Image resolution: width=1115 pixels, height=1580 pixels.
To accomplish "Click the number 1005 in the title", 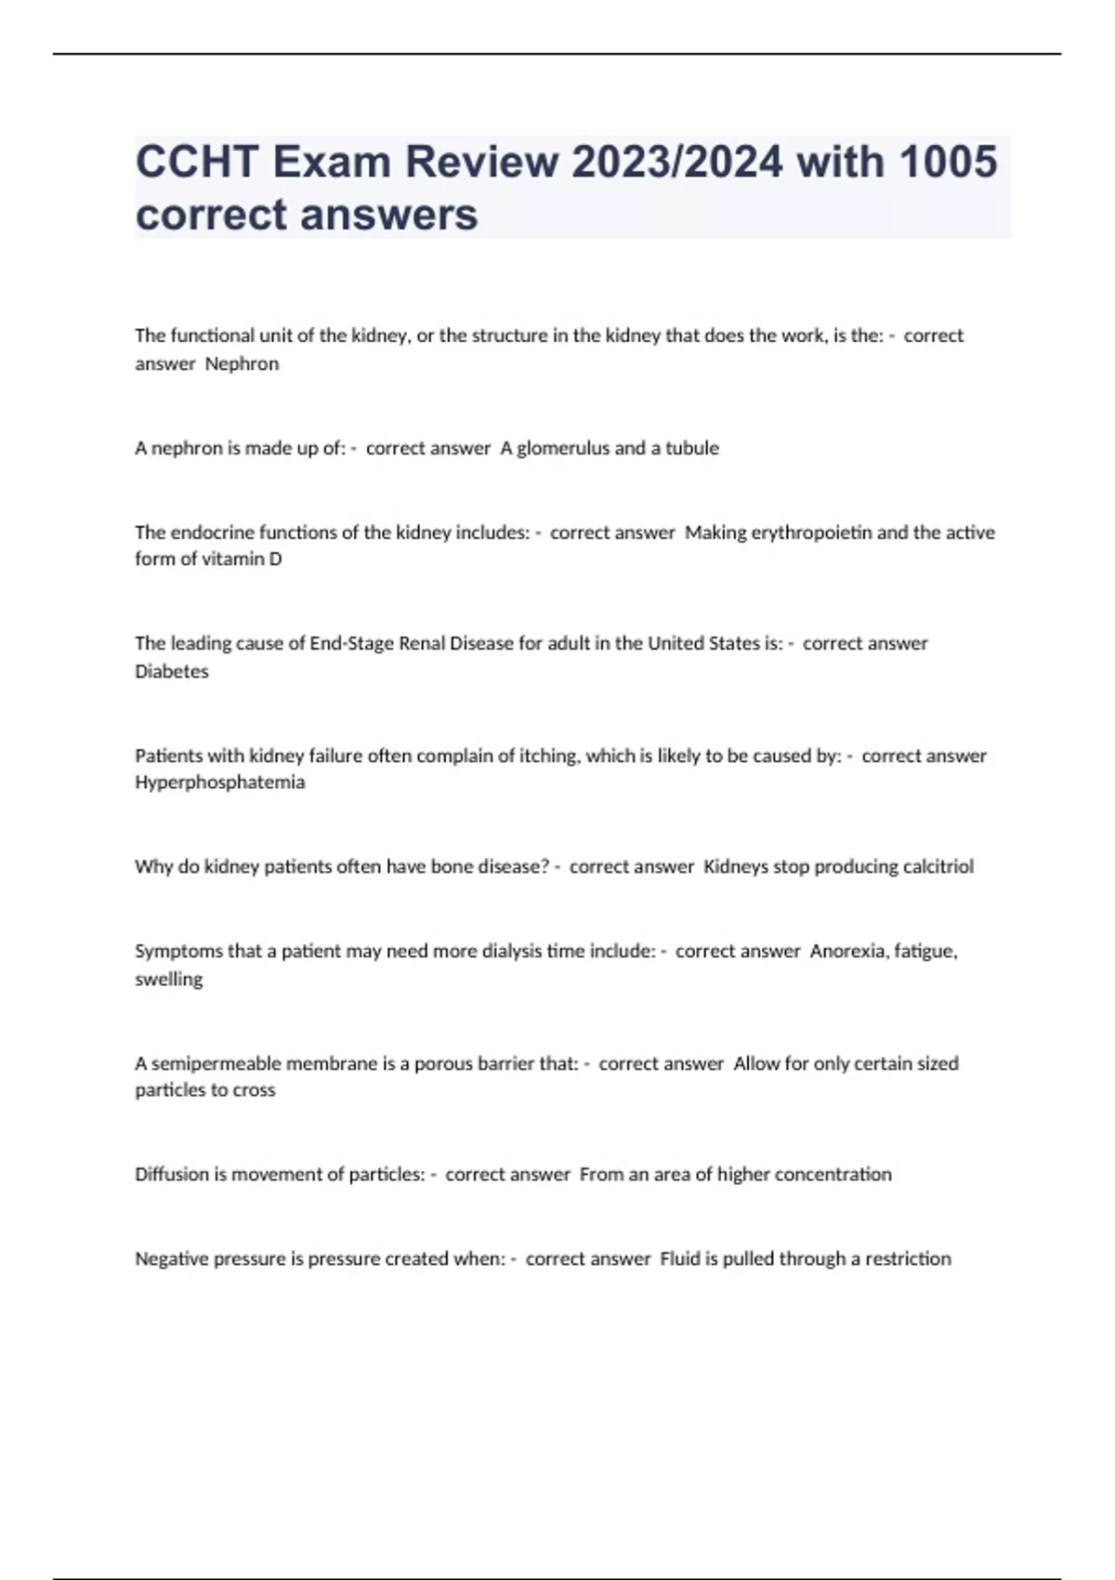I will coord(948,162).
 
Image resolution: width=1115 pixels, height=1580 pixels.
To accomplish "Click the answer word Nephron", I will coord(242,363).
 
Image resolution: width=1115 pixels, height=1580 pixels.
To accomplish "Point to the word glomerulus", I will coord(563,448).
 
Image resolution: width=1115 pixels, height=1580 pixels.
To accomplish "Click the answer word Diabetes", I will coord(172,671).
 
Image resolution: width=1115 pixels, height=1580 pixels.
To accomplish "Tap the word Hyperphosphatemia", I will coord(220,783).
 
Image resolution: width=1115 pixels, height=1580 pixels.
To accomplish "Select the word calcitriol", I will coord(938,866).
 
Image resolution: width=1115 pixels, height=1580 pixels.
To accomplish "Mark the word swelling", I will coord(169,979).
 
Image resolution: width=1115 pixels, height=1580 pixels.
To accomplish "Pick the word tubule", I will coord(692,448).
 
